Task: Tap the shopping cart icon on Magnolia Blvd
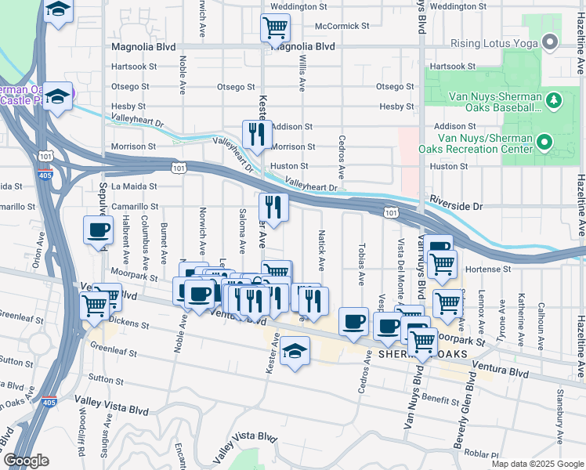275,28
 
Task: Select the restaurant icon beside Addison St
256,135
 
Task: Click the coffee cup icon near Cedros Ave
354,321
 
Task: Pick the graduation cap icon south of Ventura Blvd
295,351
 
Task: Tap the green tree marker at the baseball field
553,100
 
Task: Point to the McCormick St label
342,26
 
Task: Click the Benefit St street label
439,400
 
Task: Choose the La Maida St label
134,186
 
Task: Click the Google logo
26,460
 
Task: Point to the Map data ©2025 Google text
537,464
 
